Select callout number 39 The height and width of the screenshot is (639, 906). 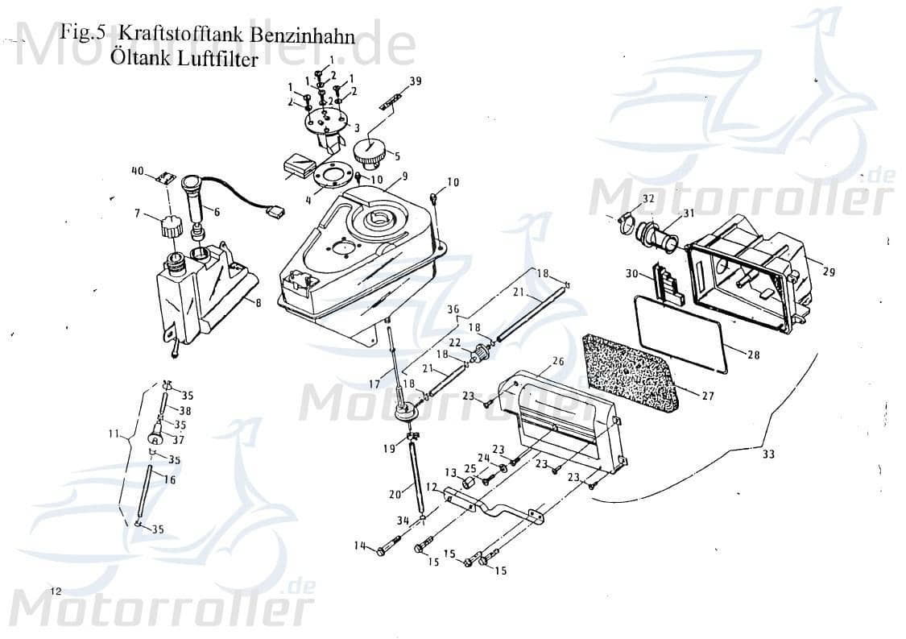pos(415,81)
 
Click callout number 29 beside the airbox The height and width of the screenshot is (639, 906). pos(828,272)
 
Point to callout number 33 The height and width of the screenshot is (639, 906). pos(768,454)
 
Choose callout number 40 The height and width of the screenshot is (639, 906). pos(137,171)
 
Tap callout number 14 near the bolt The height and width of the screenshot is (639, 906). pos(359,546)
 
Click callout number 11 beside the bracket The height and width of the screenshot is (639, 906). pos(113,434)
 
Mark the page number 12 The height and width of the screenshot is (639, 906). pos(55,591)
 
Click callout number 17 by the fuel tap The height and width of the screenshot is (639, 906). pos(373,362)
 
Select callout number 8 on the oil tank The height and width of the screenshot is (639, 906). pos(258,303)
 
